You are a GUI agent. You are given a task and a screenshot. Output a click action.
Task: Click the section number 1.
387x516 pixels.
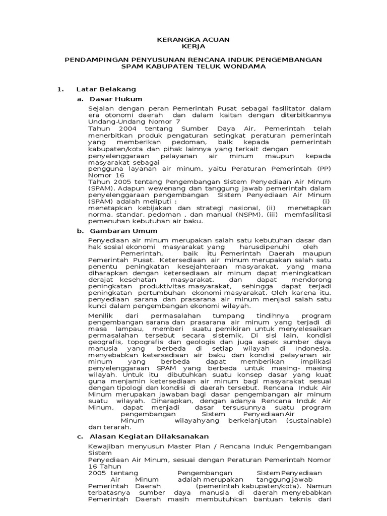point(60,89)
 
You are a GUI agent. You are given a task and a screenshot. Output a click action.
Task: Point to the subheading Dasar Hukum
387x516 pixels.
point(116,99)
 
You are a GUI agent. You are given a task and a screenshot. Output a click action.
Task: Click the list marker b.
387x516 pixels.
point(80,230)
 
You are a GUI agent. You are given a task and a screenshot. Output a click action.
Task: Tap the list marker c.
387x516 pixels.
point(80,436)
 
